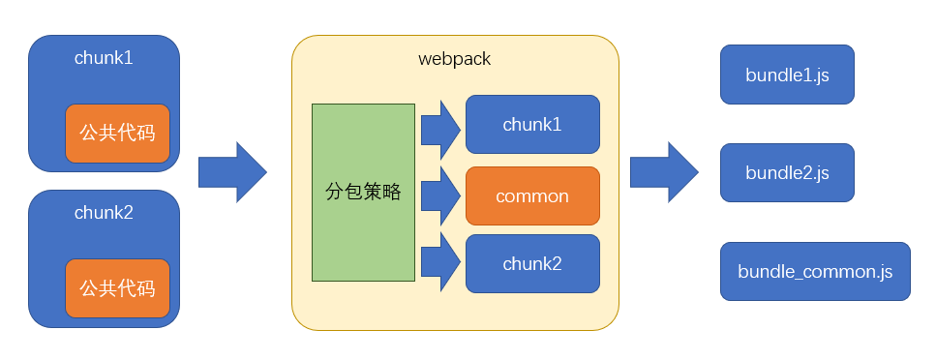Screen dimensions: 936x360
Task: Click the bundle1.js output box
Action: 787,75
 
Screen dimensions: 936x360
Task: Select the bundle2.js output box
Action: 787,172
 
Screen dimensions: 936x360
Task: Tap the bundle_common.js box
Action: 815,271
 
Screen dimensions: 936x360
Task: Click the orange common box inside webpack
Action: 532,195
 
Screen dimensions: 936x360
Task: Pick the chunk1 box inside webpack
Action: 532,124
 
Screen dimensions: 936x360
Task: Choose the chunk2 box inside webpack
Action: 532,264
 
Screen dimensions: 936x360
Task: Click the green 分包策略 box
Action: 363,193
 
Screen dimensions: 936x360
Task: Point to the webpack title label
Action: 454,59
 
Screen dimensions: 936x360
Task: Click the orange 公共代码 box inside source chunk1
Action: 117,134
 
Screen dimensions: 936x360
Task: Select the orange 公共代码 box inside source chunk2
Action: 117,288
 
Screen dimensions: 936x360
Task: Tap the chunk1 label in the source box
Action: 104,58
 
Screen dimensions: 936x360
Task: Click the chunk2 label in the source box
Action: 104,213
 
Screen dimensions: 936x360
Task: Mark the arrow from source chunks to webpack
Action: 233,172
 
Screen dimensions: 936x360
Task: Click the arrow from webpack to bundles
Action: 664,172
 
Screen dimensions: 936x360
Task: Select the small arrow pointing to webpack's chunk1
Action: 440,130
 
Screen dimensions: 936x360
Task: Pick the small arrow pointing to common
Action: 440,195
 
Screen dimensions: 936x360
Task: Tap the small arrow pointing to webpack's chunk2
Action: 440,261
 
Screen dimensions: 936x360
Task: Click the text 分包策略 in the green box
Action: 363,192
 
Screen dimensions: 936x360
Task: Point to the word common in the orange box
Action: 532,196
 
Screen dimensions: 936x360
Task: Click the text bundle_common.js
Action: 815,272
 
